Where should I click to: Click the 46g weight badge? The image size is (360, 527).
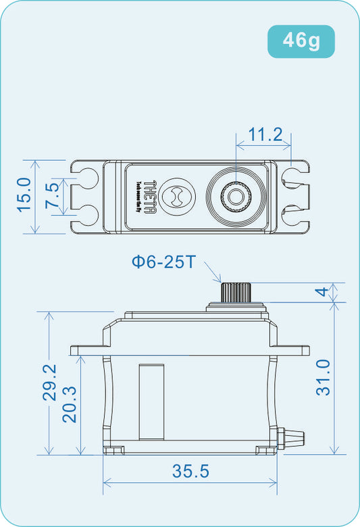click(301, 41)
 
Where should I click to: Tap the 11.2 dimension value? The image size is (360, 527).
click(265, 134)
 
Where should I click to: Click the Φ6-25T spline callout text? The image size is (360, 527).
click(163, 261)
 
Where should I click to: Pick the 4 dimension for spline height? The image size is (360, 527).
click(323, 293)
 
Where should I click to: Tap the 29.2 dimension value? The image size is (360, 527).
click(50, 383)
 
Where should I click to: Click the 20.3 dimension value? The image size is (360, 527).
click(70, 405)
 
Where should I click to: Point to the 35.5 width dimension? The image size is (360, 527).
click(190, 472)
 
